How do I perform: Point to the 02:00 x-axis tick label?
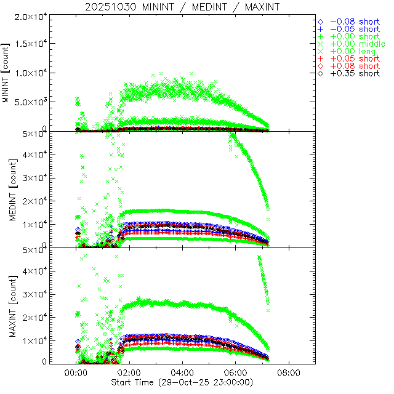pos(129,373)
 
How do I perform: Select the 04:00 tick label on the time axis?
pos(182,373)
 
